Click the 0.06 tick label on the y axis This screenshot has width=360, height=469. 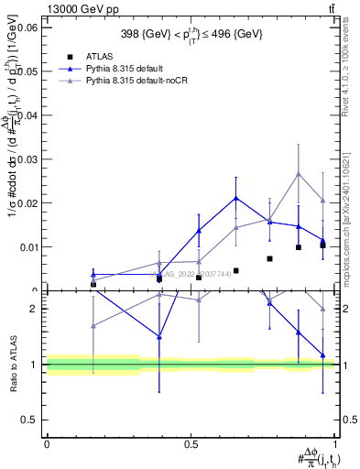[27, 28]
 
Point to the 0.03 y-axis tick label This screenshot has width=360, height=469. [27, 159]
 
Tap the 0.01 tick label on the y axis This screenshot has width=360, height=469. [27, 247]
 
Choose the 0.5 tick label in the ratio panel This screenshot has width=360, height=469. [30, 420]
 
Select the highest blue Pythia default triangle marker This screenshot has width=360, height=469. [236, 198]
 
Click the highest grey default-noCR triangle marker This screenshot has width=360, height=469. [299, 174]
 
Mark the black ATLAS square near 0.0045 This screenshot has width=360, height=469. [236, 271]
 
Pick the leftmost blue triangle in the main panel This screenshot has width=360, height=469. [93, 274]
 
